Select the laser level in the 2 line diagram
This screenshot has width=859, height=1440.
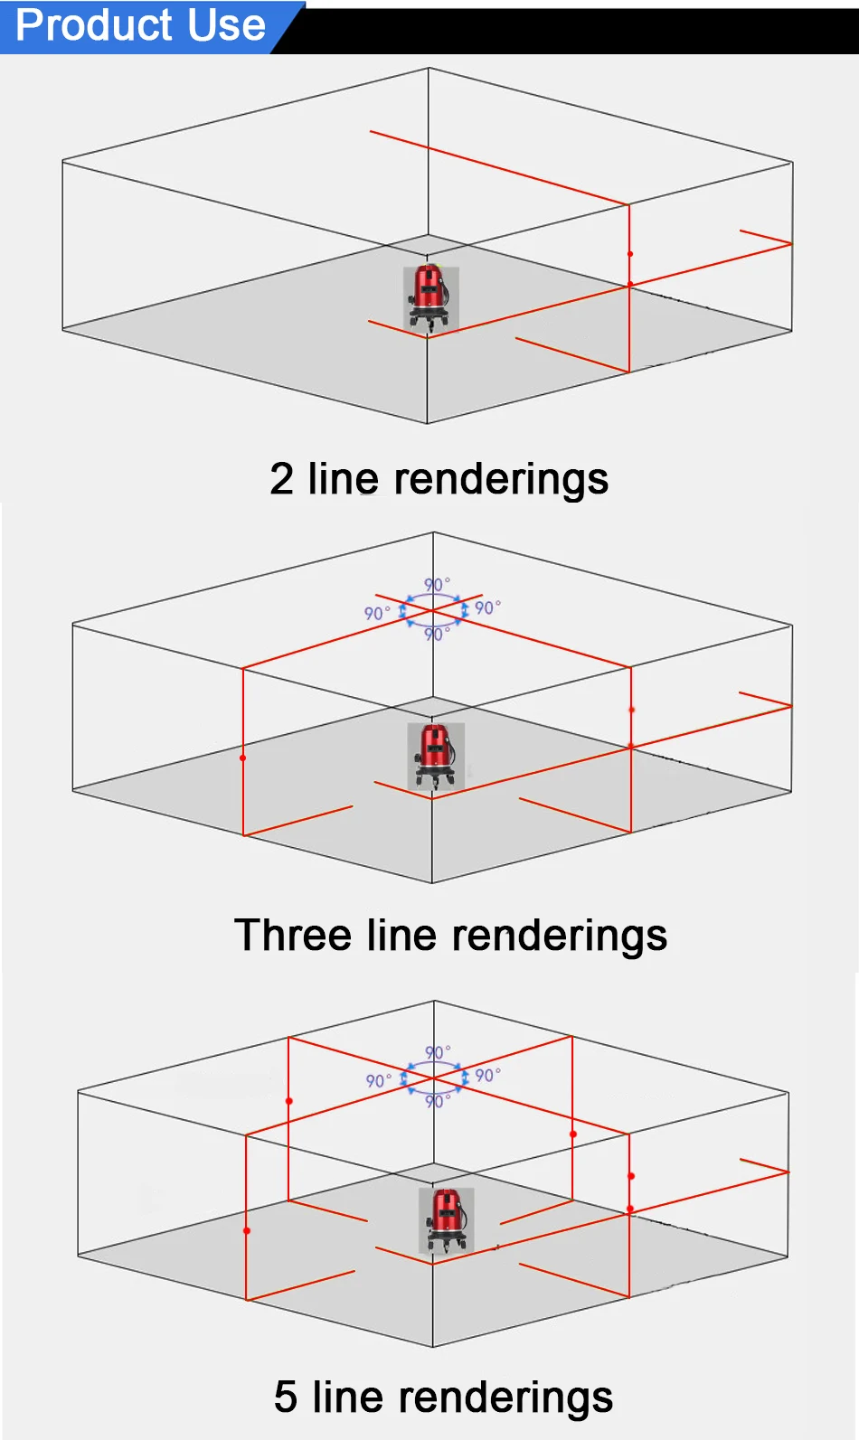tap(430, 299)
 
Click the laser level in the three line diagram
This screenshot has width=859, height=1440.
tap(436, 756)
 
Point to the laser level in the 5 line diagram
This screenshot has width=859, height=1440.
tap(446, 1220)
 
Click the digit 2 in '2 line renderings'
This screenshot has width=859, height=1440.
tap(281, 479)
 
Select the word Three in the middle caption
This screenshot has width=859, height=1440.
tap(293, 935)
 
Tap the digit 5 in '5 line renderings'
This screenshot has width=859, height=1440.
tap(286, 1397)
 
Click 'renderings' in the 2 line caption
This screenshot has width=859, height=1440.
tap(501, 481)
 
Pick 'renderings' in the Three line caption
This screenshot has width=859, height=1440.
tap(560, 936)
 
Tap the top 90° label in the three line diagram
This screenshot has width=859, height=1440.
tap(438, 584)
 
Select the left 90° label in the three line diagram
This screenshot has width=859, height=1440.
tap(377, 613)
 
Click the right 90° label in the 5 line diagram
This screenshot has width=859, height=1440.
tap(488, 1076)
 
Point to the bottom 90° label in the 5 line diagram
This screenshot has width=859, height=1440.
tap(438, 1101)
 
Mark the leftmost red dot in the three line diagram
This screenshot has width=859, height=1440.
tap(242, 758)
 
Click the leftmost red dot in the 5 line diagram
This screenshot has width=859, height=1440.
tap(246, 1230)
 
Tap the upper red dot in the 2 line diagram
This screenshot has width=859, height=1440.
tap(630, 254)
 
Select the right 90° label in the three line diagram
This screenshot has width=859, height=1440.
tap(488, 607)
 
